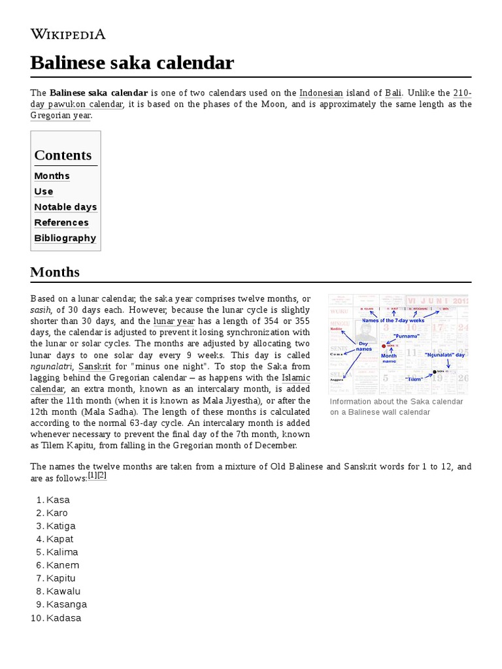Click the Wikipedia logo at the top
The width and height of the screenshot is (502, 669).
click(68, 35)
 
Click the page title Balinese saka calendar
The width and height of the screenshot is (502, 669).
click(132, 63)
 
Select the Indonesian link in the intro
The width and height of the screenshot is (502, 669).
click(321, 93)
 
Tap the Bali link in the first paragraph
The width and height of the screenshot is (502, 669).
click(393, 93)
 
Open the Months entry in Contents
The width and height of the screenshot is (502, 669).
click(52, 176)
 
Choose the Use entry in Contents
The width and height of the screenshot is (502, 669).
click(44, 191)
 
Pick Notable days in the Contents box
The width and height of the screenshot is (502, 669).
click(65, 207)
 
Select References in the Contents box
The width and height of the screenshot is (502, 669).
click(61, 223)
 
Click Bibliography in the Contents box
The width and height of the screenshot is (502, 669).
click(65, 238)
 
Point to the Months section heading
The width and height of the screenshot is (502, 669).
click(55, 272)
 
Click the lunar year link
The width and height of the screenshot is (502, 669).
click(174, 321)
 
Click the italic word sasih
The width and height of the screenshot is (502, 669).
click(41, 310)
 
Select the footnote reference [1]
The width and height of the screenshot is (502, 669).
click(92, 476)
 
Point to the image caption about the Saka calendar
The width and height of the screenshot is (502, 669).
click(396, 407)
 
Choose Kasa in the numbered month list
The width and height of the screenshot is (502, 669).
click(58, 500)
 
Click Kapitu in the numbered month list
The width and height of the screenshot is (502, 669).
click(61, 578)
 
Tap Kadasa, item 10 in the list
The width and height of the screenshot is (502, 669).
click(64, 617)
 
